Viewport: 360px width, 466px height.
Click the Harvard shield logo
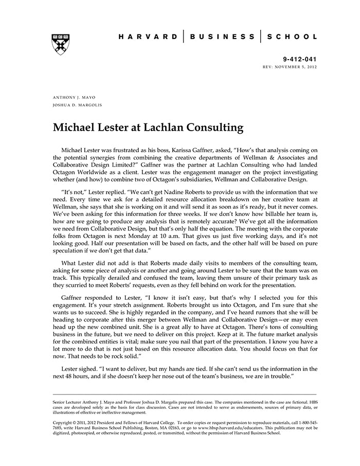[61, 44]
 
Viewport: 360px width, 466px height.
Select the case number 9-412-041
[301, 59]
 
